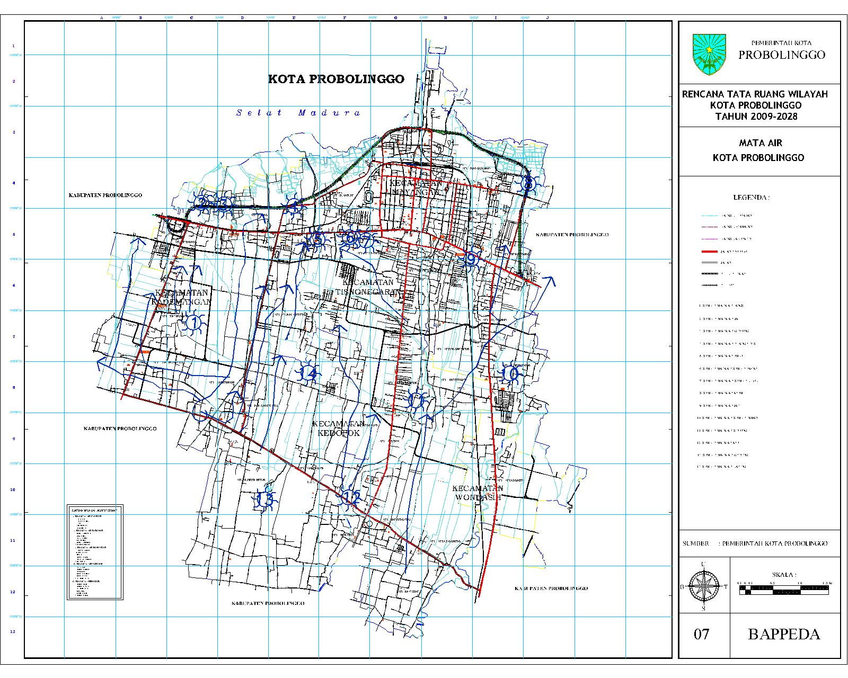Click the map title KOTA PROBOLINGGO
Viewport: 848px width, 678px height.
(x=336, y=79)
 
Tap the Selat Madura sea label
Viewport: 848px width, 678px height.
(x=299, y=113)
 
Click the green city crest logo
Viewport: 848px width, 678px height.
(x=709, y=54)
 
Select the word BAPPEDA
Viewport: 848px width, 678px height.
(x=783, y=634)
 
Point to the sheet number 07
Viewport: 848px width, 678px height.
(x=701, y=634)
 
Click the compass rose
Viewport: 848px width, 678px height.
(x=703, y=586)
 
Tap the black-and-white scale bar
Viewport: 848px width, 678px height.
(x=784, y=588)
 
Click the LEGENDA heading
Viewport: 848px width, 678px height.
(x=751, y=198)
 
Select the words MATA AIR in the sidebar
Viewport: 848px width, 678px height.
(x=761, y=143)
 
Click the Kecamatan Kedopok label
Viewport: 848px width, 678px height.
(x=338, y=428)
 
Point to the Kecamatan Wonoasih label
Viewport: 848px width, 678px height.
(x=478, y=493)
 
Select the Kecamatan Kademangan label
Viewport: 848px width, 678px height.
(x=181, y=297)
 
